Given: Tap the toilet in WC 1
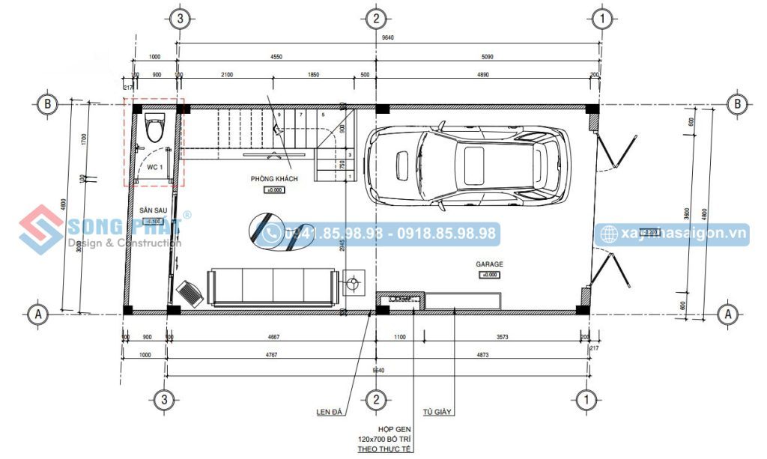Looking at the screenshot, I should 155,128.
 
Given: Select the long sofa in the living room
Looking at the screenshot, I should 273,288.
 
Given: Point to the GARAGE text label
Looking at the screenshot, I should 489,264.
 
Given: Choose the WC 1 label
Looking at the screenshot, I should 154,166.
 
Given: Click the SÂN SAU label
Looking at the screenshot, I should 152,211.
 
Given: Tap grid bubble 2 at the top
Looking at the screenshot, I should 376,18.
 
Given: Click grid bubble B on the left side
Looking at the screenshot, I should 48,104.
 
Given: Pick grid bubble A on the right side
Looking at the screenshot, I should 725,314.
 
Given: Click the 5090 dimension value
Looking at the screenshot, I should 488,55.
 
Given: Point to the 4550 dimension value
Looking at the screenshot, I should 276,55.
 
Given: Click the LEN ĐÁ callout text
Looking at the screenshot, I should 330,412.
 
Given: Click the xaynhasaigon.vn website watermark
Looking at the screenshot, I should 683,234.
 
